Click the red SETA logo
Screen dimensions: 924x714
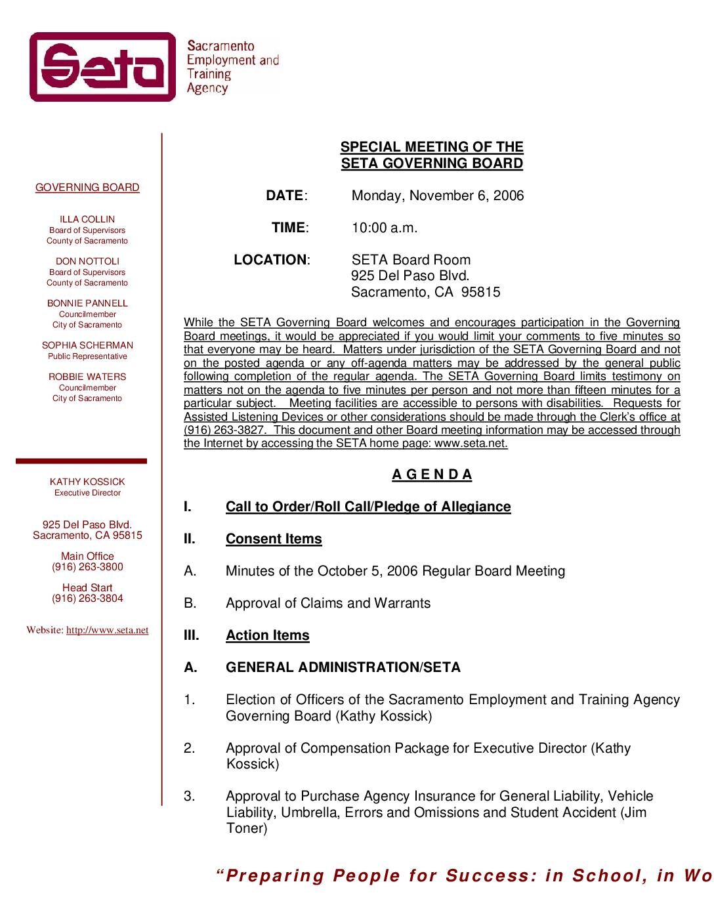point(103,67)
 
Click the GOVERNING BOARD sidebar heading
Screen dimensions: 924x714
point(87,188)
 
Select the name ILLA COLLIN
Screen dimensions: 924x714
point(87,219)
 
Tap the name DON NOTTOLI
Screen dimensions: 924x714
point(87,261)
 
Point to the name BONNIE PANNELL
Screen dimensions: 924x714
point(87,303)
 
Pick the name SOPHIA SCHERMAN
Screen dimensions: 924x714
point(87,345)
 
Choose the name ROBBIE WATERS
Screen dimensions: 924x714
point(87,377)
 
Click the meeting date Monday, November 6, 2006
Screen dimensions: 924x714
point(438,196)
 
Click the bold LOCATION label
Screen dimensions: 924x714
point(270,260)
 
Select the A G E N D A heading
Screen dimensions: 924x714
point(432,474)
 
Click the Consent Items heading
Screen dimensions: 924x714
point(274,539)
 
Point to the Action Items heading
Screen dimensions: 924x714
point(267,635)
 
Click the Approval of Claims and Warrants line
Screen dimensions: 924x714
point(328,603)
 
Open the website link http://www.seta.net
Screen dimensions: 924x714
point(107,630)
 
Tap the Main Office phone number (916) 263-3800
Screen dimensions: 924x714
point(87,567)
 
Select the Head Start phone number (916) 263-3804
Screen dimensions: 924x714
point(87,598)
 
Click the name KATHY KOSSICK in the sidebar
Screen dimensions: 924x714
point(87,482)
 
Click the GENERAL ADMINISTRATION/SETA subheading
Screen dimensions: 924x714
point(343,667)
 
